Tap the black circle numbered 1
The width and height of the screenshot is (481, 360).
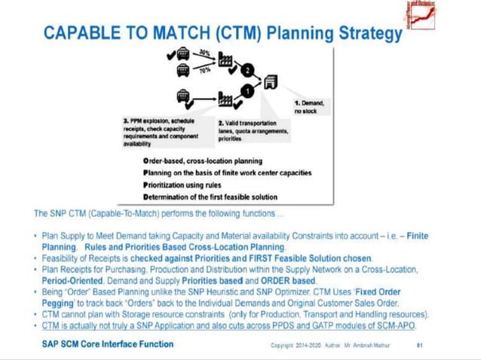247,92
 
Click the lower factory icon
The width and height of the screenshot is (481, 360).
227,99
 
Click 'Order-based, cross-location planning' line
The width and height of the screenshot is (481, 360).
202,160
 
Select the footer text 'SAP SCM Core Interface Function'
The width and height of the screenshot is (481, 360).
108,343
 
